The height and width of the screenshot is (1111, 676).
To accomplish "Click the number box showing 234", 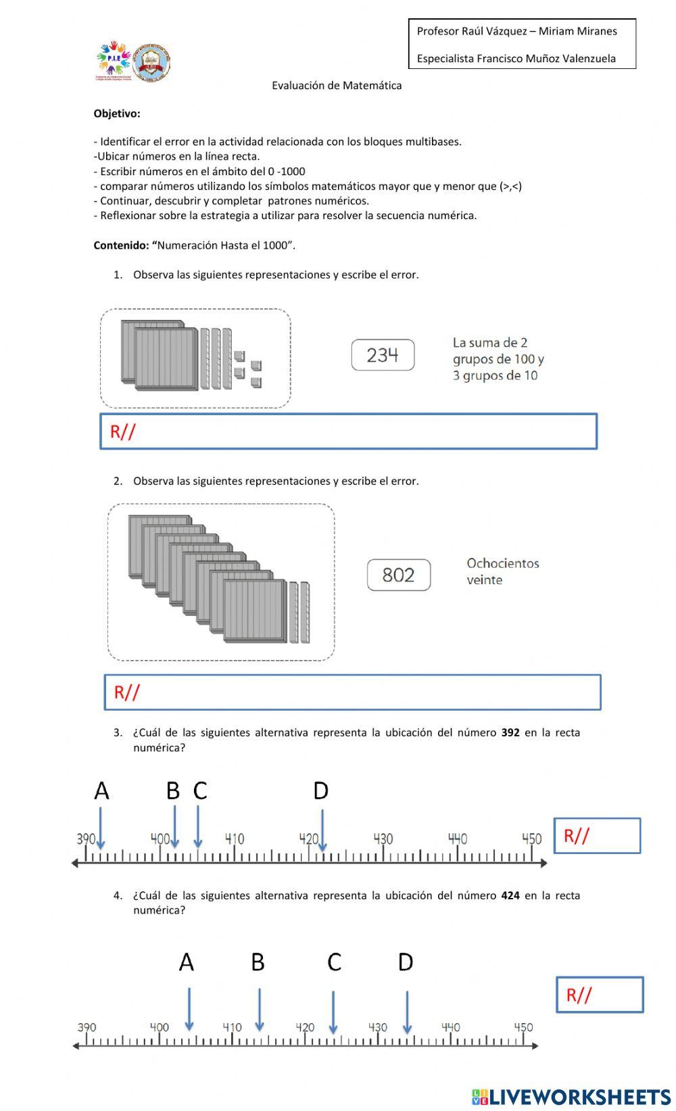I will coord(383,355).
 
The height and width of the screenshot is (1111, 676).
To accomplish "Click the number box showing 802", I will coord(398,575).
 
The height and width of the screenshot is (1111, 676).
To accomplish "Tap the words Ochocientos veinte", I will coord(502,571).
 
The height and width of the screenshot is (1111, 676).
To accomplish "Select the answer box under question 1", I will coord(349,431).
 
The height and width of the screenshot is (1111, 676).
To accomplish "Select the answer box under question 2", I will coord(352,692).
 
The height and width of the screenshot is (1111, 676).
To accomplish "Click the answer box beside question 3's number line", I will coord(597,836).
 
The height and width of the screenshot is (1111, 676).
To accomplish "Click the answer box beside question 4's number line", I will coord(600,995).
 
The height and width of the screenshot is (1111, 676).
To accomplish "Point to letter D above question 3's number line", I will coord(320,790).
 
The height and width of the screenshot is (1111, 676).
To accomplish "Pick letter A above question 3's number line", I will coord(101,790).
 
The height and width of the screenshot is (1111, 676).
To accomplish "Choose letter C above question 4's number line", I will coord(334,962).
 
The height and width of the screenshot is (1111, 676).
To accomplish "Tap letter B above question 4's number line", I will coord(258,962).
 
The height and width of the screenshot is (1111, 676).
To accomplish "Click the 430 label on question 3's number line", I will coord(383,839).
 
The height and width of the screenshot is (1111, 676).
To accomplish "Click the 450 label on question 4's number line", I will coord(523,1027).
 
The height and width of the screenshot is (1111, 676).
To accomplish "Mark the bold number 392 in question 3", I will coord(510,732).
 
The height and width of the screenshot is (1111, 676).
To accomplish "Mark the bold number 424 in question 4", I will coord(510,895).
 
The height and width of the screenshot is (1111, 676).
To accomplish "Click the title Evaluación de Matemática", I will coord(337,85).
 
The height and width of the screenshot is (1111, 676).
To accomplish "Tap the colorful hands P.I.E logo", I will coord(113,60).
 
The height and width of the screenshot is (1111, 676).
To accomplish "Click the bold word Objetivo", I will coord(117,114).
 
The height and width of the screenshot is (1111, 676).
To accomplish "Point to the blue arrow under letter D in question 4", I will coord(407,1012).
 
